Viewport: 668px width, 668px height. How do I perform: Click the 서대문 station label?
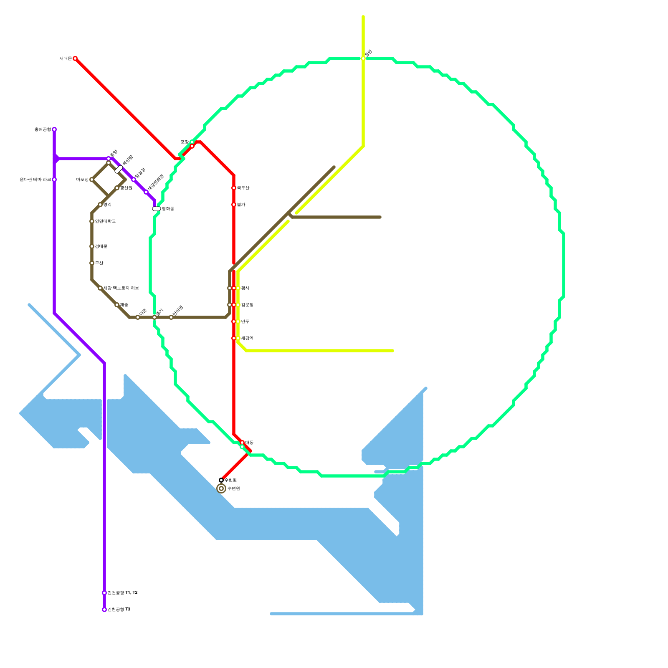coord(66,58)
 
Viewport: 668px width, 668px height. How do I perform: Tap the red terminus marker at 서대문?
coord(75,58)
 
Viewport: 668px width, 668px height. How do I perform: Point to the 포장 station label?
coord(185,142)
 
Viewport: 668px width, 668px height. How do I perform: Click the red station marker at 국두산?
coord(234,188)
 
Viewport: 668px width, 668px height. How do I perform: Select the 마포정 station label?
coord(82,180)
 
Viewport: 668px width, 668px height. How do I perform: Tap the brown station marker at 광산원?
coord(117,188)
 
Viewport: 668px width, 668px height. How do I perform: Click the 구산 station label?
coord(99,263)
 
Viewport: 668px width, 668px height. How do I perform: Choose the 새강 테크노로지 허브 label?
coord(121,288)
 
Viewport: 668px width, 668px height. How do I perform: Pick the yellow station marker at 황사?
coord(238,288)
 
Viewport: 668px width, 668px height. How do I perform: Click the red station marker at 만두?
coord(234,321)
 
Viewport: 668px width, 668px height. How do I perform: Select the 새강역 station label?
coord(247,338)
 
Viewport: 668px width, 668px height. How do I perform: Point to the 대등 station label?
coord(249,442)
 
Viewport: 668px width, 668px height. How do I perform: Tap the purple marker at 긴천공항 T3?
coord(104,610)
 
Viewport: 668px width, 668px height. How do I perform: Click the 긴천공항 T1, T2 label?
coord(122,593)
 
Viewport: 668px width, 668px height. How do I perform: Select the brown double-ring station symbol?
coord(221,488)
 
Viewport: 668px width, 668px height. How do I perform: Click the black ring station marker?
coord(221,480)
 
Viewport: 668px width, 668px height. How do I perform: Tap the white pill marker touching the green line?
coord(157,209)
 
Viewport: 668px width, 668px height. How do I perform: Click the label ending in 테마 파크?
coord(35,180)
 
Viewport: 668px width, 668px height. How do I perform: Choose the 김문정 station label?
coord(247,305)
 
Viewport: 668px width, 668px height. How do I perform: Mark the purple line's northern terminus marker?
coord(54,129)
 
